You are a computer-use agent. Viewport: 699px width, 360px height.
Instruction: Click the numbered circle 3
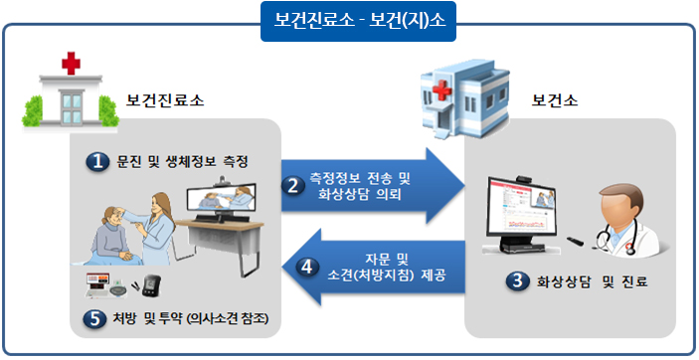[515, 282]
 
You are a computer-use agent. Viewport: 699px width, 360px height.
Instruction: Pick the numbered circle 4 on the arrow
[307, 266]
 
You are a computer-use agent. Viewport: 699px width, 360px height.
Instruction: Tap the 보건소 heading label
[554, 100]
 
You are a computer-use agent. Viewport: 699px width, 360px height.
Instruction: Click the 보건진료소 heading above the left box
[166, 100]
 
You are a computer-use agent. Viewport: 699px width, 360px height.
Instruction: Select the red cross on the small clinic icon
[71, 64]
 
